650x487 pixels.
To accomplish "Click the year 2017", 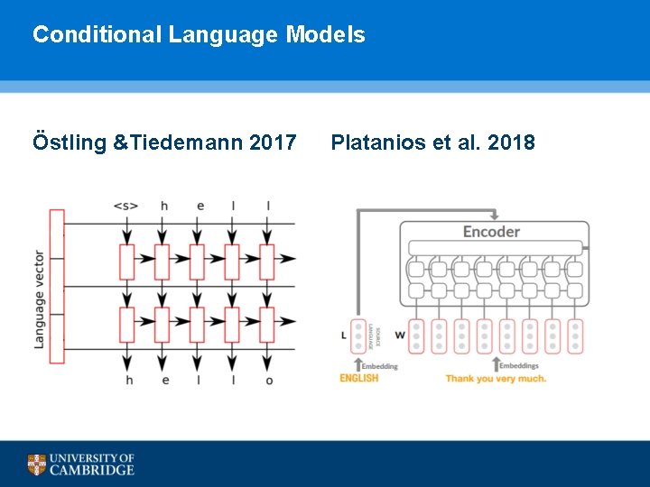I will point(271,142).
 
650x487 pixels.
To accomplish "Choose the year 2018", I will point(510,142).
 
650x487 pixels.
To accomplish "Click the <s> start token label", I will point(125,206).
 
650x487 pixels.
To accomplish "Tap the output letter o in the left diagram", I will point(268,380).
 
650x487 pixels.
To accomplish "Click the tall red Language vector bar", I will point(57,286).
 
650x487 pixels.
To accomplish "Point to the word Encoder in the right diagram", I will point(491,232).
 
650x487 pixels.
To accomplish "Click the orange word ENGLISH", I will point(358,379).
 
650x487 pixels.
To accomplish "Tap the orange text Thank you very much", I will point(496,379).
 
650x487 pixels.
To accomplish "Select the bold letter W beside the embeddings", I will point(399,335).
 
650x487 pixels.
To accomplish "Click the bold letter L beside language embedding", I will point(343,335).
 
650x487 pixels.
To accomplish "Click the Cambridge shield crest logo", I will point(36,464).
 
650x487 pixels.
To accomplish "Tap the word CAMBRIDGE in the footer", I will point(92,470).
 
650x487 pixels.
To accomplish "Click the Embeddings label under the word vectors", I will point(519,366).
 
